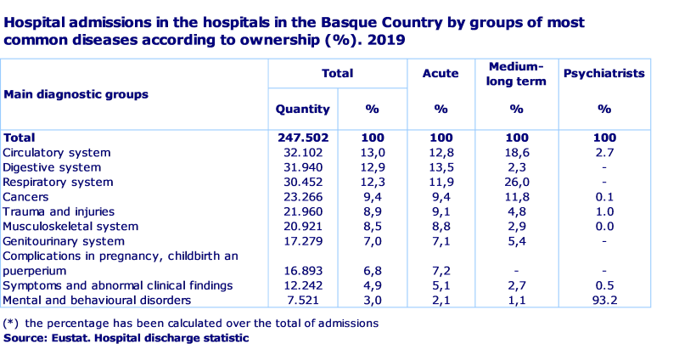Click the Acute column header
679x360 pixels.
pos(441,74)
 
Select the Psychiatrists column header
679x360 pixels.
pos(603,74)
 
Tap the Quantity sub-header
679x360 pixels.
pos(303,109)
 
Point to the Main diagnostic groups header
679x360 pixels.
pos(76,94)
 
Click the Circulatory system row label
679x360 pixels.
pos(57,153)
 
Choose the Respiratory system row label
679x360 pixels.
pos(58,182)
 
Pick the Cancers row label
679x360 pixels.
pos(26,197)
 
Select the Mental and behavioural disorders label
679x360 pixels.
pos(97,300)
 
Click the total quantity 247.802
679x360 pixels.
pos(303,138)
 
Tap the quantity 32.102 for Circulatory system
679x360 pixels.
pos(303,153)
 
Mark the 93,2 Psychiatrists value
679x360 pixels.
pos(603,300)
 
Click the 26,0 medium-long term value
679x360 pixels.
pos(516,182)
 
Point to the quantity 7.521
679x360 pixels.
pos(303,300)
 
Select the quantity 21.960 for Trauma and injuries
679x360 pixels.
pos(303,211)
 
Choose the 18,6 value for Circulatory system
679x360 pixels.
pos(516,153)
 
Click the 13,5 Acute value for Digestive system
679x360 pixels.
pos(441,167)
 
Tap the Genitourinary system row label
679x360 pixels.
pos(63,241)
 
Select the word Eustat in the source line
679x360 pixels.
pos(72,338)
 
